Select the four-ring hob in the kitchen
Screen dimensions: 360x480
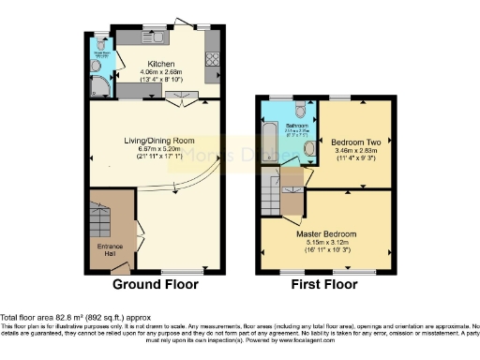tap(211, 61)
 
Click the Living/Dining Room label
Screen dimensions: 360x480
tap(156, 141)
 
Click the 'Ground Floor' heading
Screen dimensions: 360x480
tap(155, 283)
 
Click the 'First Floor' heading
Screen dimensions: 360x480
tap(322, 283)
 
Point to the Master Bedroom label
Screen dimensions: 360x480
tap(327, 233)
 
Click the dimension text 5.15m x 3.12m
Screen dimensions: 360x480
tap(327, 242)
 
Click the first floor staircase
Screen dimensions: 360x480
tap(271, 198)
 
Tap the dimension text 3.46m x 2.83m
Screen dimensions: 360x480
tap(354, 151)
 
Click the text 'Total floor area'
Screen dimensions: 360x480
tap(28, 315)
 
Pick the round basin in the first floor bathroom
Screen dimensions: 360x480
tap(309, 147)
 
